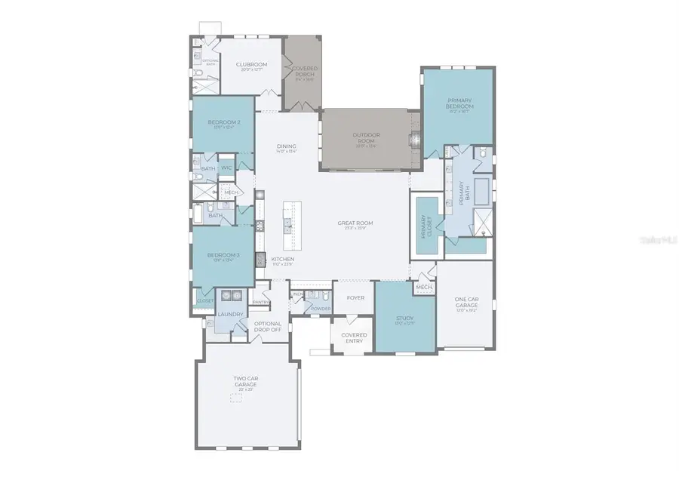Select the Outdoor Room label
(367, 137)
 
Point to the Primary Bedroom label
(459, 104)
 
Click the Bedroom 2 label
(223, 122)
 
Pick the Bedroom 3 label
(223, 255)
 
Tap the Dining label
(286, 147)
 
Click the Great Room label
(355, 223)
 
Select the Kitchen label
(283, 260)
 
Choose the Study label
(404, 318)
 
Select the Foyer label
(355, 297)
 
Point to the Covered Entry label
(354, 337)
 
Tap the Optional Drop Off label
(268, 327)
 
